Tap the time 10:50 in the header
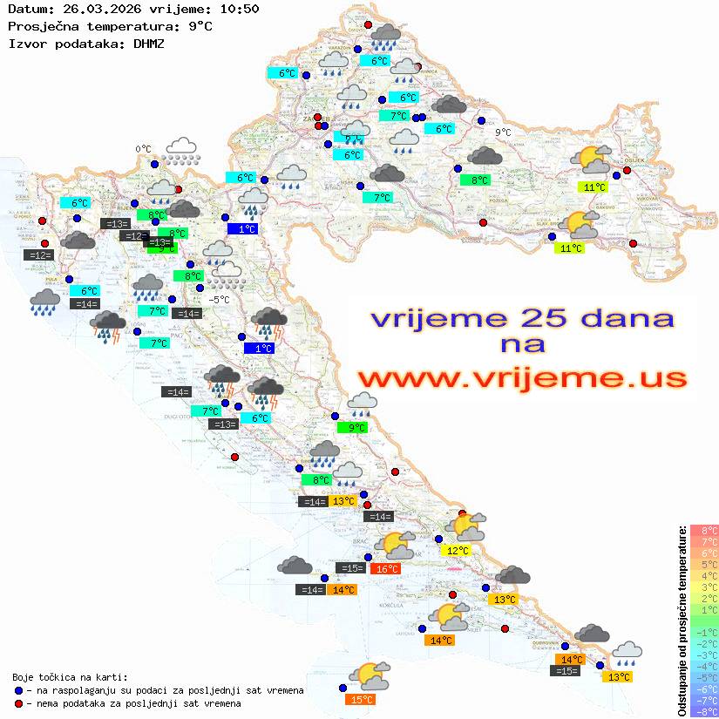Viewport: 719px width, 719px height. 240,9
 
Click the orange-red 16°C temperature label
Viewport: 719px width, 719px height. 386,569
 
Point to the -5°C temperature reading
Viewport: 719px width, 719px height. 219,300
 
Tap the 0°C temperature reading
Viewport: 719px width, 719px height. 143,149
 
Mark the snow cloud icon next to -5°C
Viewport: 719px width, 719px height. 227,277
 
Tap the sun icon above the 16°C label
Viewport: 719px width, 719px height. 397,546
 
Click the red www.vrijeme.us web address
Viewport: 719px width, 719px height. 521,378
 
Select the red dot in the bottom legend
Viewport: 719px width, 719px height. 18,702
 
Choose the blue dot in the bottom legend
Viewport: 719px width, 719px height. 18,690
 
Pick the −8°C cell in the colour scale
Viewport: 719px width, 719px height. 703,712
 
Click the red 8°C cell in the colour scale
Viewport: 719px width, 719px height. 703,531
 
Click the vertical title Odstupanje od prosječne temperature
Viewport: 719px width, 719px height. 682,621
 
